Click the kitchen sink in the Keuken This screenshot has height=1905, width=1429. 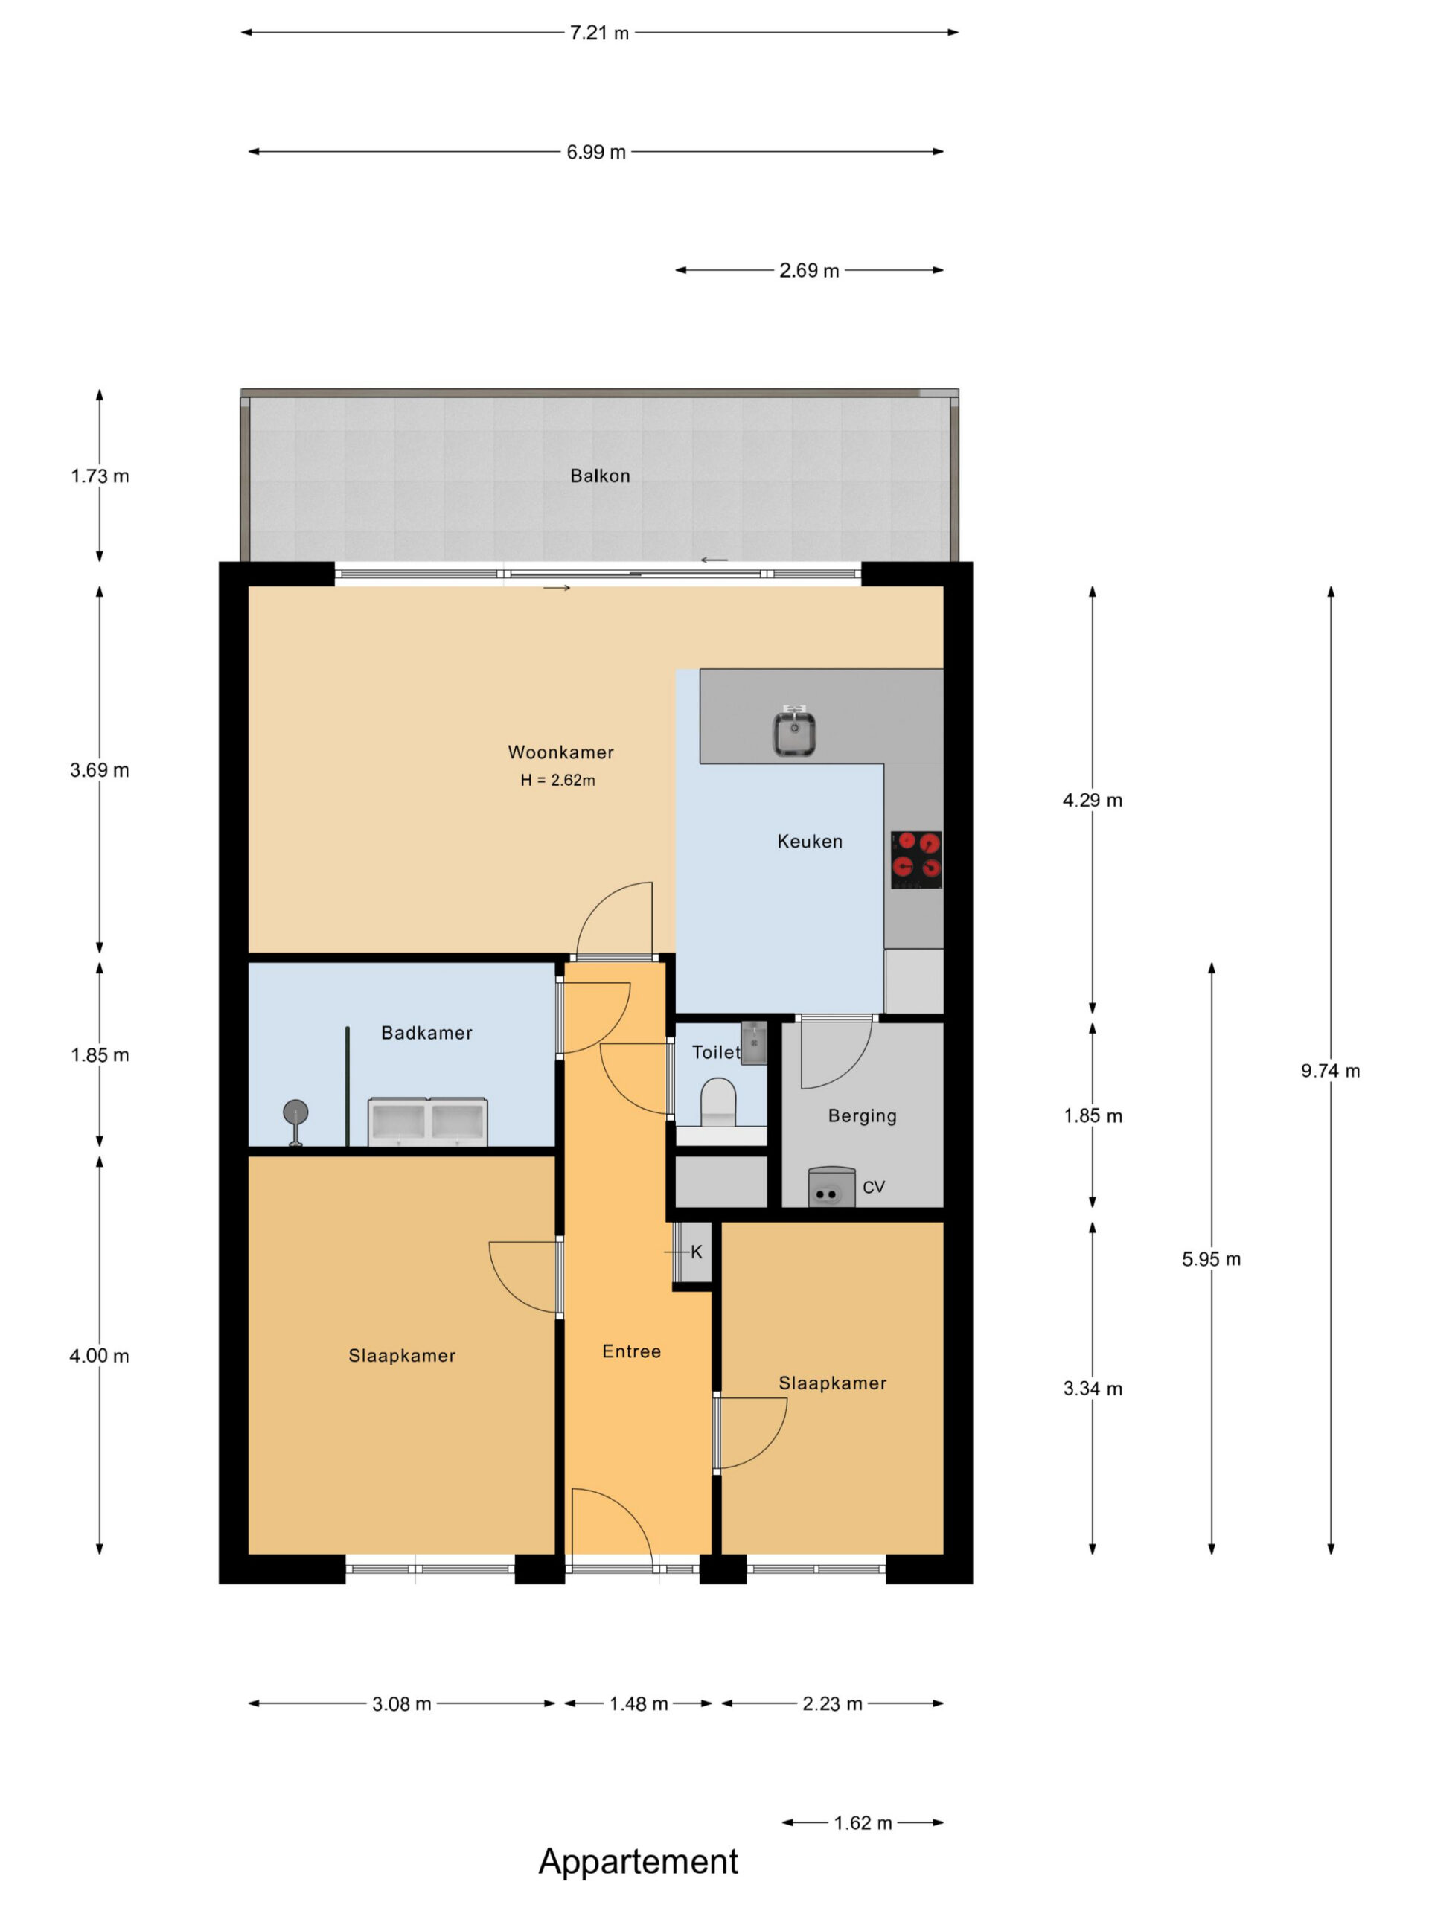[x=793, y=731]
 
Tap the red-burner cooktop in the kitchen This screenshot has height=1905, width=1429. [x=915, y=859]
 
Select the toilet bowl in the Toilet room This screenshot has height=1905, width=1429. [x=717, y=1102]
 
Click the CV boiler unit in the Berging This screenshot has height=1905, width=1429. [x=831, y=1186]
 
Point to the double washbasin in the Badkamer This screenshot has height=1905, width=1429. [x=427, y=1121]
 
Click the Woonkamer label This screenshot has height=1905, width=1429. [x=560, y=752]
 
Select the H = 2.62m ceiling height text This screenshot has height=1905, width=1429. [x=557, y=781]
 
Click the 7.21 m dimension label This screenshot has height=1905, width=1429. [x=599, y=33]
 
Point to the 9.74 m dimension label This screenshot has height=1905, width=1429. [x=1330, y=1071]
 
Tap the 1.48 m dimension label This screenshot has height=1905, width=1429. [x=639, y=1703]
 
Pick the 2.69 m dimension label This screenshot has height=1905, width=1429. [x=809, y=270]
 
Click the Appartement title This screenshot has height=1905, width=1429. [x=639, y=1861]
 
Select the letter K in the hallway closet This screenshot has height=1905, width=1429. [x=697, y=1252]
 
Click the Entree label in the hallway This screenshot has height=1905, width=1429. [x=631, y=1351]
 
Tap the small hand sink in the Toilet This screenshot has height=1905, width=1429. [x=754, y=1043]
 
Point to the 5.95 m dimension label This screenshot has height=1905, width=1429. [x=1211, y=1259]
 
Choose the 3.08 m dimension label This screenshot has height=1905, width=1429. [x=401, y=1703]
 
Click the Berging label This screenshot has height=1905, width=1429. [x=862, y=1116]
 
